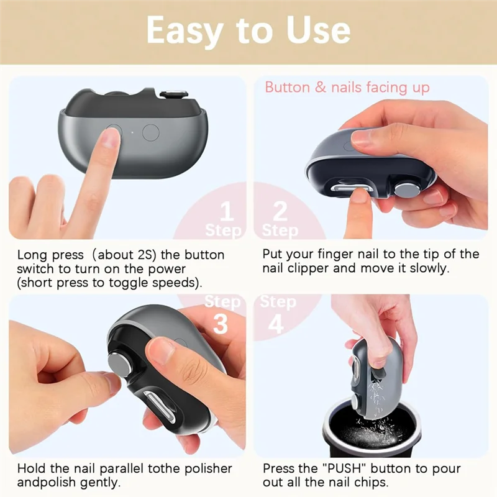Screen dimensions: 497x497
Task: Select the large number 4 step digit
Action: click(x=276, y=324)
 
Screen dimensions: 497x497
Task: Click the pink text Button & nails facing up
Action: click(x=347, y=87)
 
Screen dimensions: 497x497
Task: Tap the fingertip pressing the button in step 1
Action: click(x=110, y=140)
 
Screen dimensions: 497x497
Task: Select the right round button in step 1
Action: click(x=151, y=132)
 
